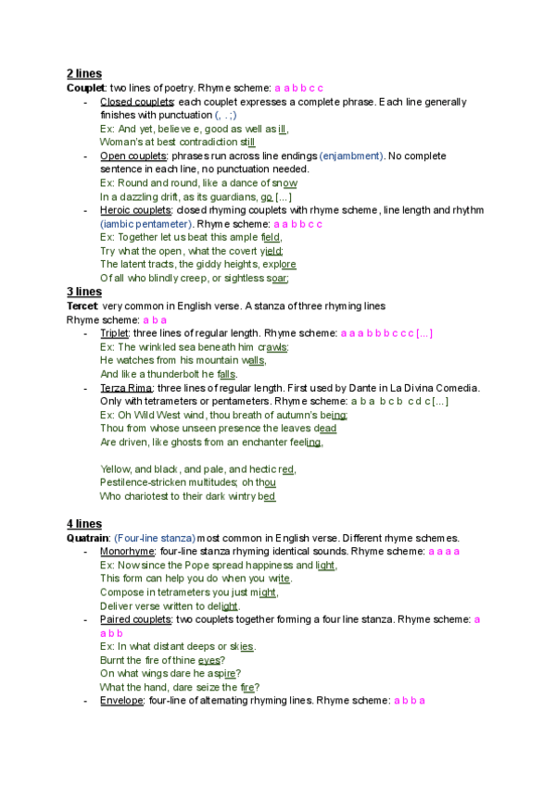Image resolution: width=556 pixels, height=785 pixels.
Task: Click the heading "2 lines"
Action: click(x=84, y=73)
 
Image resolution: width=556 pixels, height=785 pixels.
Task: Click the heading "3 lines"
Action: click(x=84, y=291)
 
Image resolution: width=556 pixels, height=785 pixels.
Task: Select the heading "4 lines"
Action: click(x=84, y=524)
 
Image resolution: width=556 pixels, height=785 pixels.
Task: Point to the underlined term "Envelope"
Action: click(x=120, y=701)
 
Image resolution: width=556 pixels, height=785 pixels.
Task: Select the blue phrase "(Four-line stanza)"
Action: click(x=155, y=538)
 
